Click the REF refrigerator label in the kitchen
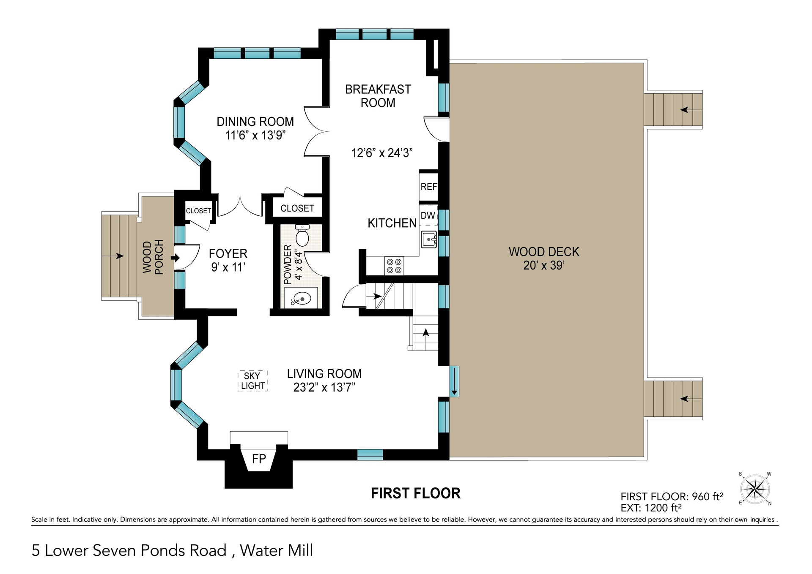coord(428,187)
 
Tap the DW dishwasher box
coord(428,215)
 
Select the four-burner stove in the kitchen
coord(394,266)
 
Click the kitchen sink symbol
coord(429,240)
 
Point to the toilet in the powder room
coord(302,236)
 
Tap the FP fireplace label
coord(259,459)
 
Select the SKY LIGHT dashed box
coord(253,381)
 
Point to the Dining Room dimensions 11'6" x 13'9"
coord(255,136)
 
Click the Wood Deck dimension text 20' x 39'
coord(544,266)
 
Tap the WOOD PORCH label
coord(153,257)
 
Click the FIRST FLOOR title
coord(416,493)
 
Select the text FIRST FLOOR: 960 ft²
coord(672,497)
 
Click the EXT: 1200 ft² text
coord(651,508)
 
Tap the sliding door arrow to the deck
coord(454,382)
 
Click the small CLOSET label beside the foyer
coord(198,211)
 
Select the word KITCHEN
coord(392,223)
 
